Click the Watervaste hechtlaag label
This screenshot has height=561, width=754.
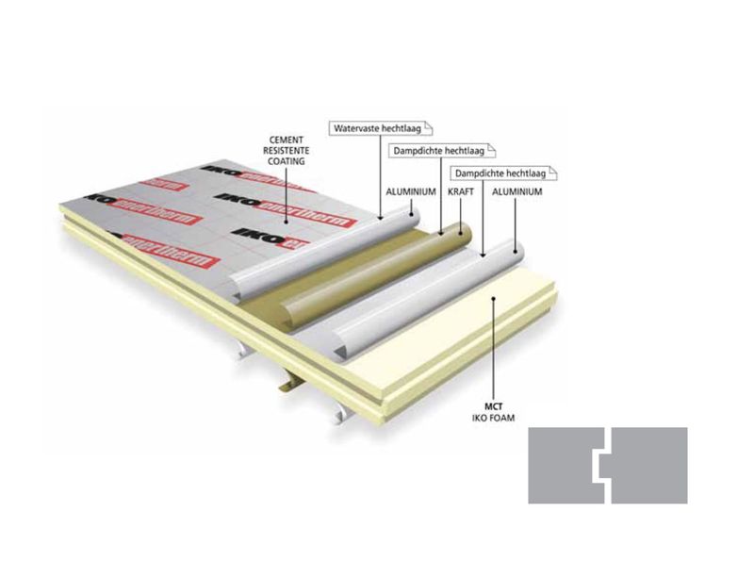(381, 128)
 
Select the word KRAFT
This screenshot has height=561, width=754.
(461, 191)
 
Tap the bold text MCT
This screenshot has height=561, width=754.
(493, 406)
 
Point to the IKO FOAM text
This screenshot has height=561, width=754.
(493, 418)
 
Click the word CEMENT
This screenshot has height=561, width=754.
(287, 140)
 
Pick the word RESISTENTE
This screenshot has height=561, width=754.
(287, 151)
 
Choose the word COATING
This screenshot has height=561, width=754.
(287, 161)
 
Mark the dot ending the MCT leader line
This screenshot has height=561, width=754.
(493, 298)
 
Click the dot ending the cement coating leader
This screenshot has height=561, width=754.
(287, 223)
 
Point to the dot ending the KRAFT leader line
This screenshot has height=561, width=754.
(461, 235)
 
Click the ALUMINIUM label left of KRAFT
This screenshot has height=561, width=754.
(411, 191)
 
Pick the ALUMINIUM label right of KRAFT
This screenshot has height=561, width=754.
(516, 191)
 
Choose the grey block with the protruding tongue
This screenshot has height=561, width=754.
(566, 465)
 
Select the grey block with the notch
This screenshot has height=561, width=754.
(649, 465)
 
